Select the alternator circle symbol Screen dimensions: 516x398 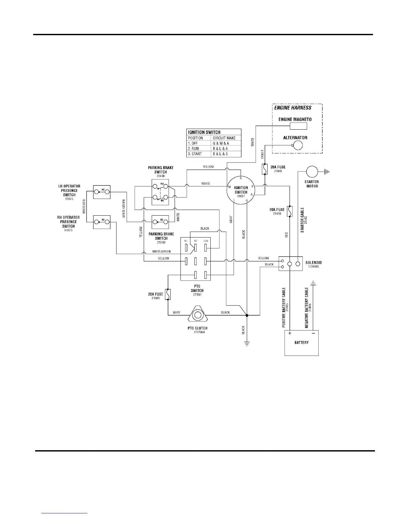(297, 145)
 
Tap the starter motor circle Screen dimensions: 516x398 (312, 171)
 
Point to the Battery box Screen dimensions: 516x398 (301, 343)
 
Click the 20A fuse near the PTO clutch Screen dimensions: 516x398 (168, 294)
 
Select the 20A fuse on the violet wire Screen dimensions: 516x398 (265, 169)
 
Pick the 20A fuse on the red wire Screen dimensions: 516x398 (290, 211)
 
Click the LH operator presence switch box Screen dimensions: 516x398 (102, 192)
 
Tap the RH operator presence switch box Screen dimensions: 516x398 (102, 222)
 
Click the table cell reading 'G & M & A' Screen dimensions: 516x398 (221, 143)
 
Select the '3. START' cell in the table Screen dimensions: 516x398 (195, 154)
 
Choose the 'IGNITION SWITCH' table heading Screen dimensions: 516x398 (204, 132)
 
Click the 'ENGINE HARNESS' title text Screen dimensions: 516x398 (293, 108)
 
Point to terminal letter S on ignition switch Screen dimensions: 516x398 (241, 178)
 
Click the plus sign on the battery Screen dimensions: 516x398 (290, 333)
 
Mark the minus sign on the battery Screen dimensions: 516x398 (313, 333)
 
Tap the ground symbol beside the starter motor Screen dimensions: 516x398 (326, 171)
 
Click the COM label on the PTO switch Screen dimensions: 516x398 (206, 241)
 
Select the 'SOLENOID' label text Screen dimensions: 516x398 (314, 263)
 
